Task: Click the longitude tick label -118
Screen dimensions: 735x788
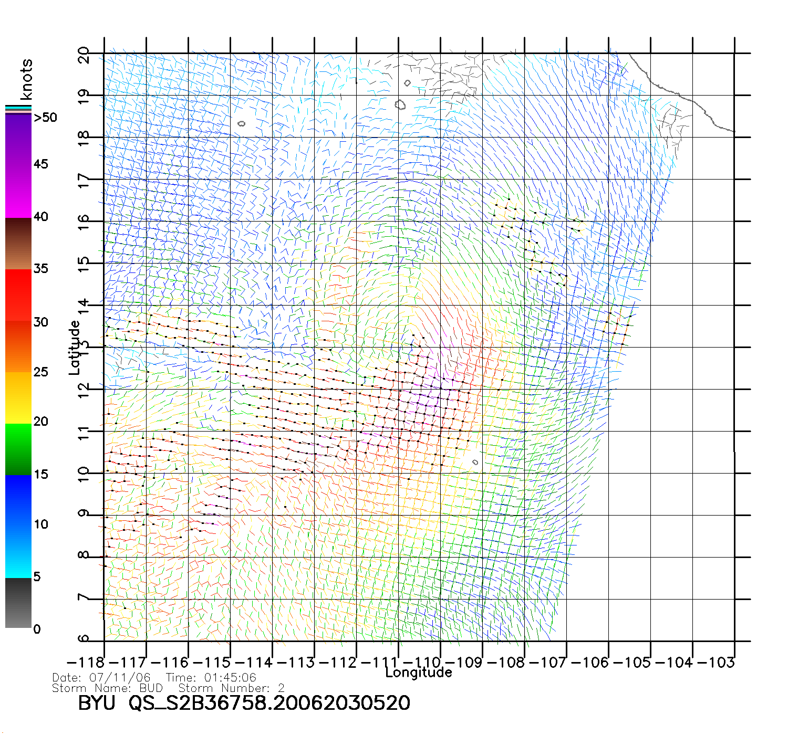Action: (x=86, y=662)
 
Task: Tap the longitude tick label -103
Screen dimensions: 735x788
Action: (x=716, y=662)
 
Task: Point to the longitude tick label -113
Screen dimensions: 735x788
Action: (x=295, y=662)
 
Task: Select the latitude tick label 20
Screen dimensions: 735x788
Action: (x=84, y=55)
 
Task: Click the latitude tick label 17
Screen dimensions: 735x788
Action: (x=84, y=181)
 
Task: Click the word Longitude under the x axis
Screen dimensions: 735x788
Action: (x=418, y=672)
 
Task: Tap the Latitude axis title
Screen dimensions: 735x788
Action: (x=75, y=348)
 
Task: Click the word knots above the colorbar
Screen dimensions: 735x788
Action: (x=26, y=79)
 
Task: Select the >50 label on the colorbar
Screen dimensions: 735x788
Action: (x=45, y=118)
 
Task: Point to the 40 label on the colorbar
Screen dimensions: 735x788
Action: (x=40, y=216)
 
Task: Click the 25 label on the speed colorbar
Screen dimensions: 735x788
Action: (x=40, y=372)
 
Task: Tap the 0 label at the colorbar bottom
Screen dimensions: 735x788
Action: (x=37, y=629)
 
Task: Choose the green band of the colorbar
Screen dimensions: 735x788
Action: (x=18, y=449)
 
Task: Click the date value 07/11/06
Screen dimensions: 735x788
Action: (x=120, y=678)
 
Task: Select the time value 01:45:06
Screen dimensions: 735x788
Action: (x=230, y=678)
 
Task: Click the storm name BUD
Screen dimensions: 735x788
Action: (x=151, y=688)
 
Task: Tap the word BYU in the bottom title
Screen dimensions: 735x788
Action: (x=96, y=703)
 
